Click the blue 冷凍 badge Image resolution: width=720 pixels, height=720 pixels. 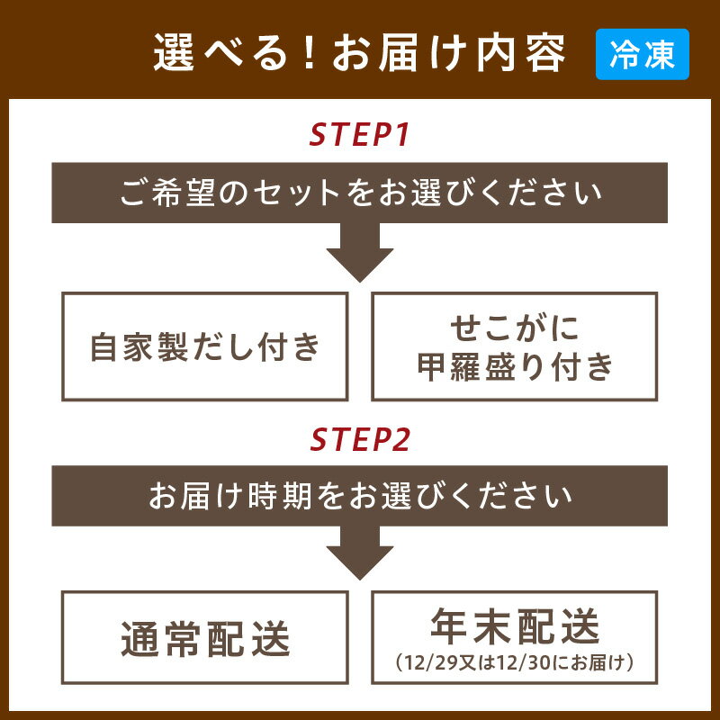coord(642,55)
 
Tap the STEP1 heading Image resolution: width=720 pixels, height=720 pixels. coord(360,135)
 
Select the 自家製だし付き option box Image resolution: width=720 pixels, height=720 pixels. coord(204,346)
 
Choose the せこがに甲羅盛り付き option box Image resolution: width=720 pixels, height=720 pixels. coord(514,346)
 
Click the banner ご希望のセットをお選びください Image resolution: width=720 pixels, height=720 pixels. coord(360,193)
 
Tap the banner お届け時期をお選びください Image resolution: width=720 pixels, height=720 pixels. coord(360,496)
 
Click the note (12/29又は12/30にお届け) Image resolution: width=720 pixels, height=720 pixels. coord(515,664)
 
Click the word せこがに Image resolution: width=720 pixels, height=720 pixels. coord(514,328)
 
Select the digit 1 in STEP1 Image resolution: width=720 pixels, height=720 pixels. coord(402,135)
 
